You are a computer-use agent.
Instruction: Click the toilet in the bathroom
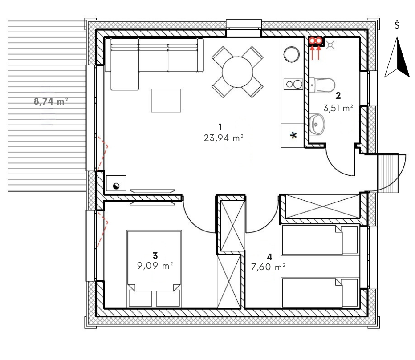click(x=322, y=85)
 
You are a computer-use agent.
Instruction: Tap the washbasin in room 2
click(x=317, y=124)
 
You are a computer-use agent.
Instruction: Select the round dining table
click(x=237, y=72)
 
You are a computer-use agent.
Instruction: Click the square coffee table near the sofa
click(x=166, y=100)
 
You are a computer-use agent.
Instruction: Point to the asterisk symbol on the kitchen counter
click(x=293, y=136)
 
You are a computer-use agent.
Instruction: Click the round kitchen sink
click(x=291, y=54)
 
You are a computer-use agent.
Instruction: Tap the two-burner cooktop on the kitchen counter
click(x=293, y=85)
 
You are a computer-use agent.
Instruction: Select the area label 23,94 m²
click(x=224, y=138)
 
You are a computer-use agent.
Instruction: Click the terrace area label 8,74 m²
click(x=51, y=101)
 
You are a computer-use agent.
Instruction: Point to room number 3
click(x=155, y=256)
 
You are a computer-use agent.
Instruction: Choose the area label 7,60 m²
click(x=268, y=267)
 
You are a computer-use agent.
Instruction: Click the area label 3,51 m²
click(x=338, y=108)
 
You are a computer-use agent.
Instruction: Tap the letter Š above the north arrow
click(x=397, y=25)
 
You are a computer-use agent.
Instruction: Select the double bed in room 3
click(x=155, y=268)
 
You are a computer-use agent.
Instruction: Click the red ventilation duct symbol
click(x=316, y=41)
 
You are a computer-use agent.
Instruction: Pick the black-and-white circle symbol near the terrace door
click(x=116, y=186)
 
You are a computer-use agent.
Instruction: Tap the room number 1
click(x=220, y=127)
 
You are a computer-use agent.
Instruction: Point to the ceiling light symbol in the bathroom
click(x=330, y=45)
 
